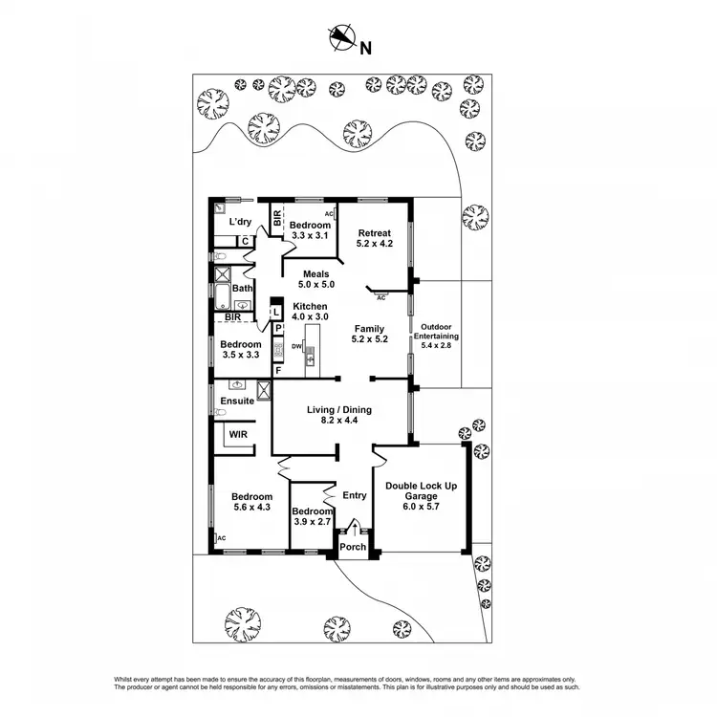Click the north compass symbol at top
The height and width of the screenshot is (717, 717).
point(342,39)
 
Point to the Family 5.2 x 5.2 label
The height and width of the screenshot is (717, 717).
point(369,334)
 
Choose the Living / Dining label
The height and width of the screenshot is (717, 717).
point(338,415)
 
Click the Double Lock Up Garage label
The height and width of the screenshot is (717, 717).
point(421,490)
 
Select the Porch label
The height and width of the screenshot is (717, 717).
point(353,547)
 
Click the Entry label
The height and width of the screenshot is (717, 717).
point(354,495)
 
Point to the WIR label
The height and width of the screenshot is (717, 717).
point(236,435)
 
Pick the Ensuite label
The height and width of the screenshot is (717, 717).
point(237,401)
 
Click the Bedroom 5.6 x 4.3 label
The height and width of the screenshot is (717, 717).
point(252,503)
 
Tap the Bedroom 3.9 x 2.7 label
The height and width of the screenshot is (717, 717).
point(311,517)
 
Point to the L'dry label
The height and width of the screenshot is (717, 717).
point(239,221)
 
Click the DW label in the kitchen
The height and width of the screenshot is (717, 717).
point(297,346)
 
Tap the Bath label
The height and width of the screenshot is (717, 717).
point(242,288)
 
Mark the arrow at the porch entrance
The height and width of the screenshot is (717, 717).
point(355,528)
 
